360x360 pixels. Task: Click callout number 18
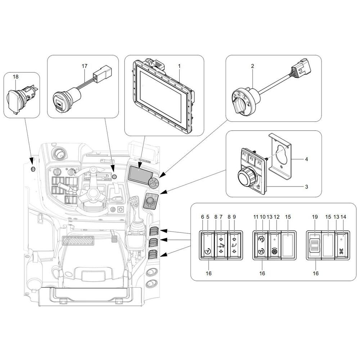tap(15, 76)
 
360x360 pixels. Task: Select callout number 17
tap(85, 66)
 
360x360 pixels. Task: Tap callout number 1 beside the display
tap(179, 66)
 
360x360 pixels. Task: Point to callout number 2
tap(253, 66)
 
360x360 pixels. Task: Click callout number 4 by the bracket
tap(306, 159)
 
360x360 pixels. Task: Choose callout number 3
tap(306, 186)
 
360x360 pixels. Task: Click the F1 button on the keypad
tap(244, 154)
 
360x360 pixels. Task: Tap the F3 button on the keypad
tap(259, 163)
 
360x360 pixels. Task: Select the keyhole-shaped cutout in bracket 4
tap(282, 153)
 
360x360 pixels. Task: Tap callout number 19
tap(315, 217)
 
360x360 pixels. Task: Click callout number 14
tap(343, 217)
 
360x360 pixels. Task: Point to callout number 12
tap(276, 217)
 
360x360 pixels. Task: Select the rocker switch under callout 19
tap(315, 245)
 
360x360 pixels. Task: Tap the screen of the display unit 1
tap(161, 96)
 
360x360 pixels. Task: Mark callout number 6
tap(202, 217)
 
